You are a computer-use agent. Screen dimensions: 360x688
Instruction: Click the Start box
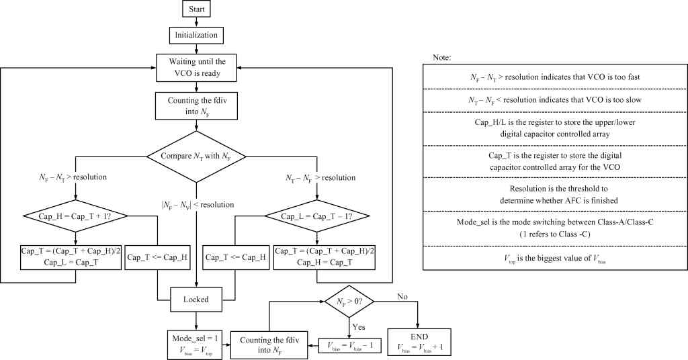coord(197,9)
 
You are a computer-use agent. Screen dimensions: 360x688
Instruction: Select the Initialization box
coord(197,34)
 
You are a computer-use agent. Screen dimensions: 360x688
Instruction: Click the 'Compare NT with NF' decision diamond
coord(197,156)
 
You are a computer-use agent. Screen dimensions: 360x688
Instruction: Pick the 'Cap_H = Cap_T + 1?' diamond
coord(75,216)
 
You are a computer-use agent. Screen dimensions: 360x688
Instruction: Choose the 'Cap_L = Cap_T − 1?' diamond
coord(318,216)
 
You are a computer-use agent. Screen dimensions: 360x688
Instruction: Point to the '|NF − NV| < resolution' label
coord(197,205)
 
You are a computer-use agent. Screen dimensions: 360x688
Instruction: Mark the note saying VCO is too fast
coord(555,77)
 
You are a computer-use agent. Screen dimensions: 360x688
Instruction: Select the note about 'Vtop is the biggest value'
coord(555,258)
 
